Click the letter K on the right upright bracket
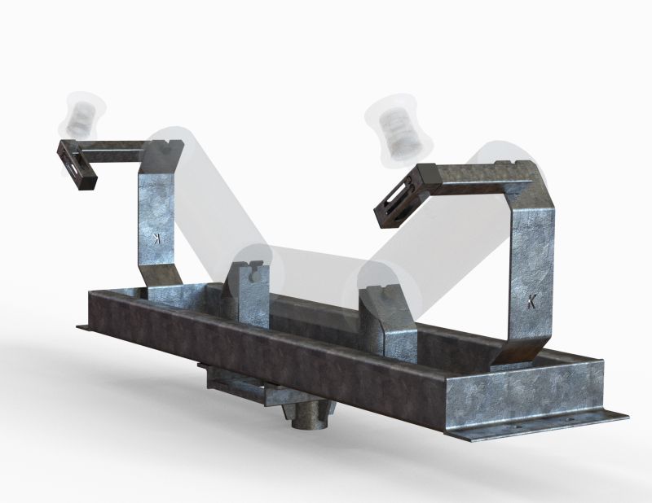click(531, 301)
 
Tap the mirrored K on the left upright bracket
click(157, 238)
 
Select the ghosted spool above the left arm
click(82, 114)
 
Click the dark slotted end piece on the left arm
click(77, 165)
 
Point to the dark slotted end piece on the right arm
click(407, 195)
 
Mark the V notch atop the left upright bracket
click(169, 144)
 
